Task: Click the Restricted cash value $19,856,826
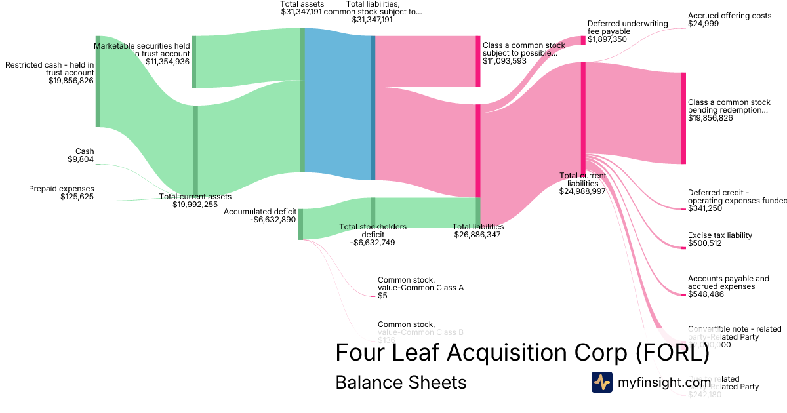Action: click(x=71, y=81)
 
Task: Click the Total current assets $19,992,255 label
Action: click(x=195, y=205)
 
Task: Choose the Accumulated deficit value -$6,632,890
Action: click(x=273, y=220)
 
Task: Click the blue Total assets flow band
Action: click(x=338, y=105)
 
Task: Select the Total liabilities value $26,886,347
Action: click(x=477, y=234)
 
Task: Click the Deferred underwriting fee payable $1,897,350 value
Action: click(x=607, y=39)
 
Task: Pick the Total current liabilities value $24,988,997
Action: click(x=582, y=191)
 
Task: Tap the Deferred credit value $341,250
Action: click(x=705, y=208)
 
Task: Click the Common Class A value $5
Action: click(x=382, y=296)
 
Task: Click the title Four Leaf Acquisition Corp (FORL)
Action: click(x=522, y=353)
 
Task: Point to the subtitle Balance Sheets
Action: click(x=401, y=382)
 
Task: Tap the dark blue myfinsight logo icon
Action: click(x=601, y=382)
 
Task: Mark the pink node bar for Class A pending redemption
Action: click(x=683, y=118)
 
